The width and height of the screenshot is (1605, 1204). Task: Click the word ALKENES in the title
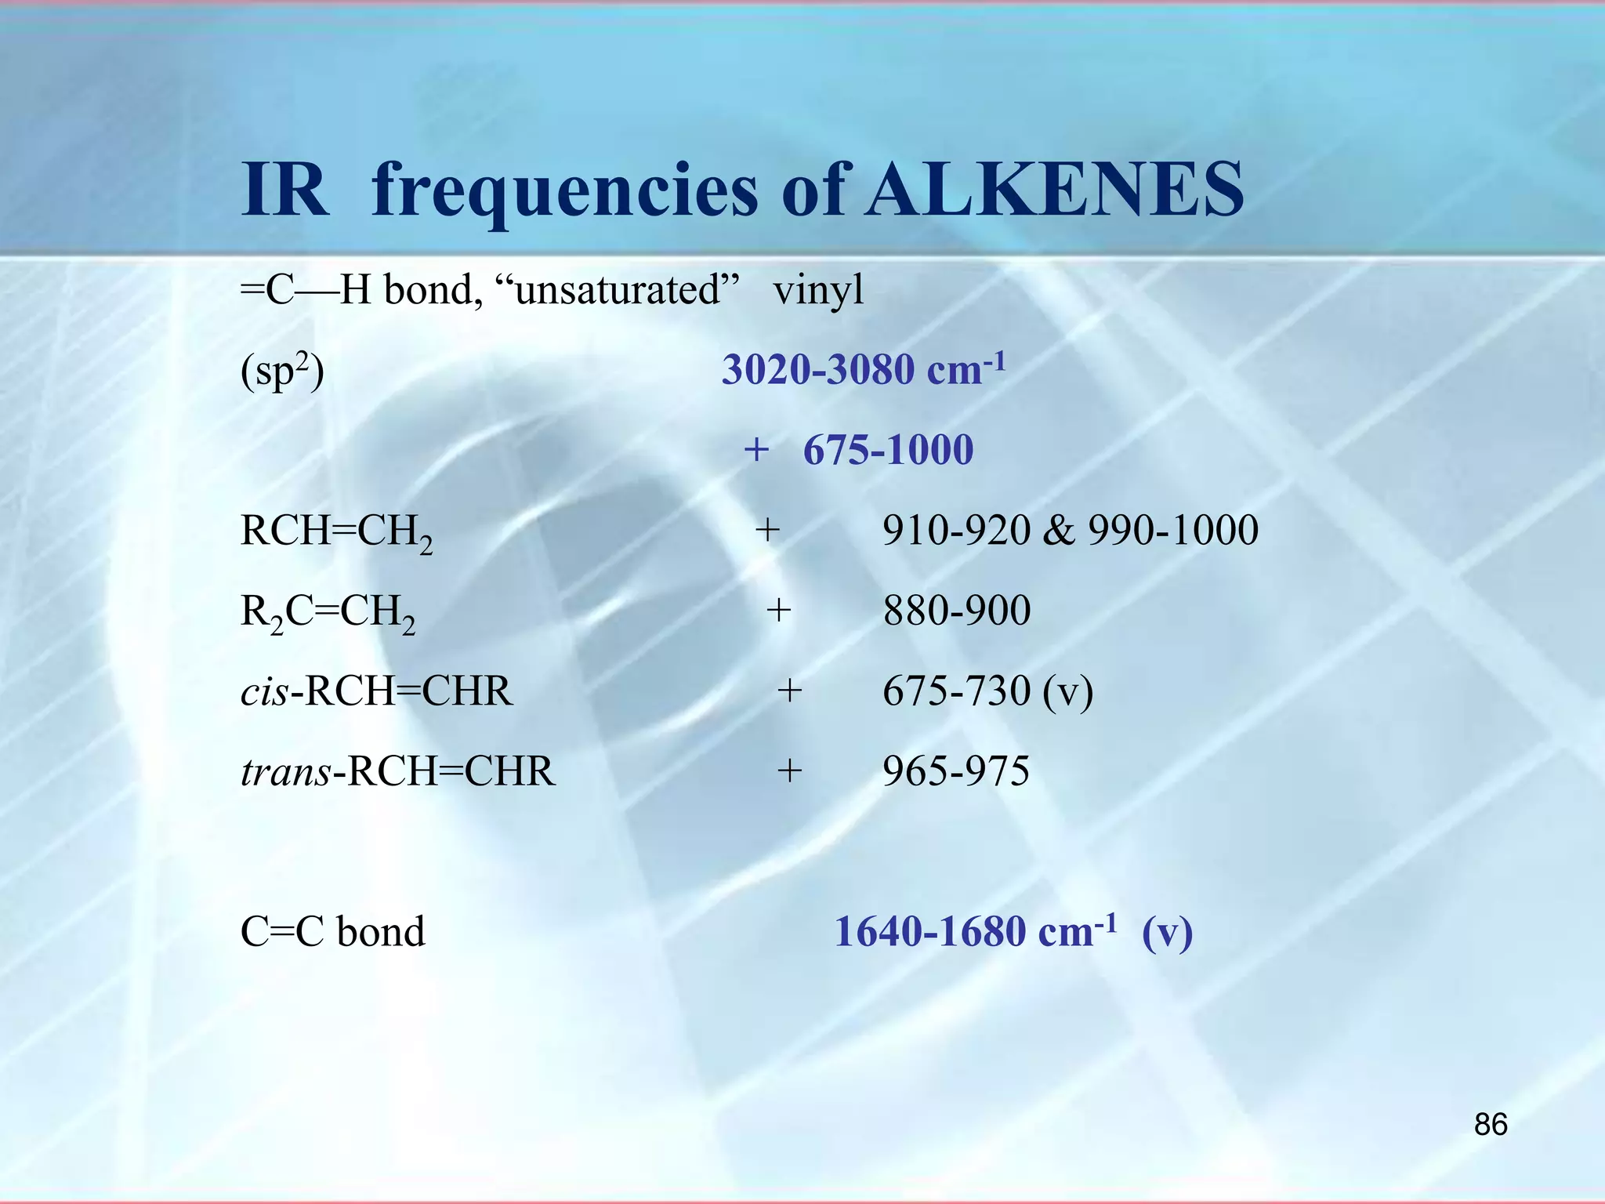pyautogui.click(x=1055, y=190)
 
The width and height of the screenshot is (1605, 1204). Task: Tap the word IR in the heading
pyautogui.click(x=284, y=190)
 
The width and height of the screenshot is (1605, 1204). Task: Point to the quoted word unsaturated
pyautogui.click(x=618, y=290)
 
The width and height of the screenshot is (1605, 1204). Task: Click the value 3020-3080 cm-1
pyautogui.click(x=863, y=370)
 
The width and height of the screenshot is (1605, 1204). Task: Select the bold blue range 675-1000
pyautogui.click(x=888, y=450)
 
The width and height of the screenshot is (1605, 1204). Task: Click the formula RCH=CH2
pyautogui.click(x=336, y=532)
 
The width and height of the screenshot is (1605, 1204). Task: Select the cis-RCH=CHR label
pyautogui.click(x=376, y=691)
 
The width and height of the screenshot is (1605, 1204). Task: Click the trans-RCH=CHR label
pyautogui.click(x=397, y=771)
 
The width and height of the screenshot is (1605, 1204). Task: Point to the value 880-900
pyautogui.click(x=956, y=611)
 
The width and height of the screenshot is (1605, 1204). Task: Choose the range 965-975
pyautogui.click(x=956, y=771)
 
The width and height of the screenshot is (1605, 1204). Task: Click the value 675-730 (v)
pyautogui.click(x=987, y=691)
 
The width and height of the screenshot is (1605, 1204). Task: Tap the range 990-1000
pyautogui.click(x=1173, y=531)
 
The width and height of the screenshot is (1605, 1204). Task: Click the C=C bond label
pyautogui.click(x=332, y=932)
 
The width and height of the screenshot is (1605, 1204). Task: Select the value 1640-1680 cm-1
pyautogui.click(x=975, y=932)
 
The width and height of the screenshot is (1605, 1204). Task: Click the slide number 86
pyautogui.click(x=1491, y=1125)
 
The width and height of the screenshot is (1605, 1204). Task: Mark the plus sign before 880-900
pyautogui.click(x=778, y=611)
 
